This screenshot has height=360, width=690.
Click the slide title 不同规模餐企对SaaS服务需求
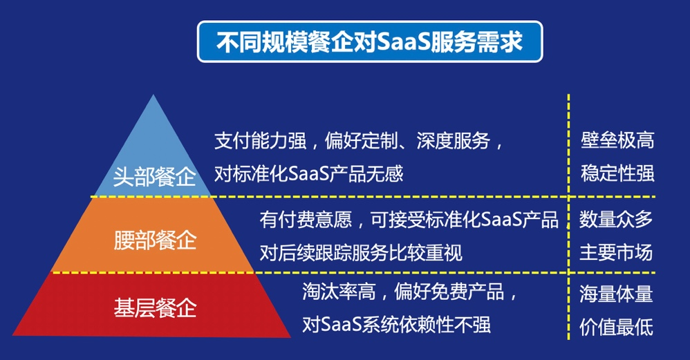click(370, 41)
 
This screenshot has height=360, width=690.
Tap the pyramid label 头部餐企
click(154, 177)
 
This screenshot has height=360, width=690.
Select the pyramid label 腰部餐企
click(155, 240)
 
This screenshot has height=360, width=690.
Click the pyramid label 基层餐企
click(155, 307)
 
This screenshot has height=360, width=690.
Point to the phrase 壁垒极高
click(617, 140)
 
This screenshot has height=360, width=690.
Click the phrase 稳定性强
click(617, 173)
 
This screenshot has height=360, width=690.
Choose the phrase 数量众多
click(616, 219)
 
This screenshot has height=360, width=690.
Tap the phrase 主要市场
click(616, 253)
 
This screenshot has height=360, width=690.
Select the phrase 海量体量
click(616, 294)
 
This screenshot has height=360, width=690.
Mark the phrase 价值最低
click(616, 327)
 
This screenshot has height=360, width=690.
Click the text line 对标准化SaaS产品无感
click(308, 173)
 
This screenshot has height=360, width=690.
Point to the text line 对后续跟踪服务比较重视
click(361, 253)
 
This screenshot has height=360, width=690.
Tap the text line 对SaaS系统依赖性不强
click(396, 325)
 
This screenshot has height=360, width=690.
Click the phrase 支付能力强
click(260, 141)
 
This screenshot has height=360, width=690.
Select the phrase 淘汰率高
click(339, 292)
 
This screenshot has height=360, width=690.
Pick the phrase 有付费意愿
click(306, 219)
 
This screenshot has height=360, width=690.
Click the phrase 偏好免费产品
click(449, 292)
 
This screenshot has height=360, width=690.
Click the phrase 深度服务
click(454, 141)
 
